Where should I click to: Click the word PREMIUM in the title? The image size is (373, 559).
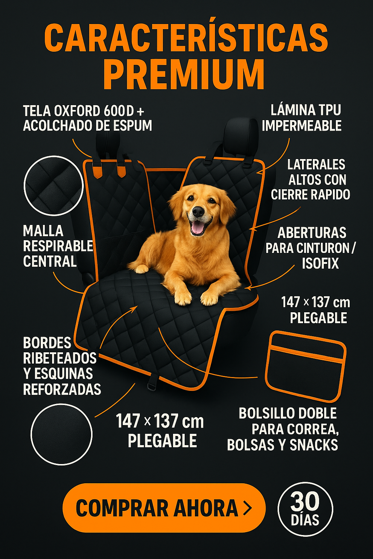click(x=184, y=74)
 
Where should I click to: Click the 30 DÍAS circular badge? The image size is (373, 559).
click(x=305, y=509)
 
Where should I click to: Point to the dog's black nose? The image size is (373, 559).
click(x=199, y=211)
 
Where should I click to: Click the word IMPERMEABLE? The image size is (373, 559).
click(x=302, y=126)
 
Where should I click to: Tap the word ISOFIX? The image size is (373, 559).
click(x=320, y=263)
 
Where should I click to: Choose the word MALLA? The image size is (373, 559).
click(x=43, y=231)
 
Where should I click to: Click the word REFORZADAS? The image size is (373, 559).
click(x=62, y=389)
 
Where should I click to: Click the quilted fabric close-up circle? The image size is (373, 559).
click(x=54, y=186)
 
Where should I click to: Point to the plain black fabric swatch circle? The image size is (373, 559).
click(x=62, y=434)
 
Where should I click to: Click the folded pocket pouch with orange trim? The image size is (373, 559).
click(x=306, y=366)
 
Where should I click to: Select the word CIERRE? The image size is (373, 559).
click(x=289, y=195)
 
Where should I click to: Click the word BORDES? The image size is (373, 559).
click(x=47, y=343)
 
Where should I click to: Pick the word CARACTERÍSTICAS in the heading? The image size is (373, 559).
click(x=186, y=37)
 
